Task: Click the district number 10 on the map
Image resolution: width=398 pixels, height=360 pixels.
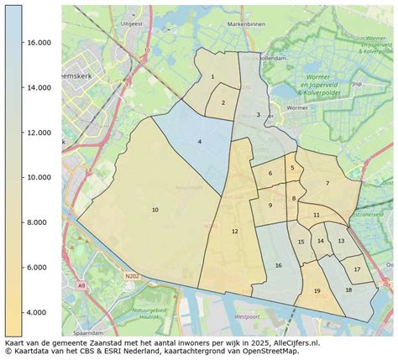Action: pos(155,209)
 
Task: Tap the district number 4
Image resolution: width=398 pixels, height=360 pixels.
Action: pos(199,143)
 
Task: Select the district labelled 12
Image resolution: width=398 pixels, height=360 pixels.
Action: pos(235,231)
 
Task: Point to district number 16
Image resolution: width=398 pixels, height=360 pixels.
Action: pos(278,265)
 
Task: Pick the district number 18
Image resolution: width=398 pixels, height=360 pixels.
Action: pos(348,290)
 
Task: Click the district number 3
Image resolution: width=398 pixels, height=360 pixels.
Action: pos(258,114)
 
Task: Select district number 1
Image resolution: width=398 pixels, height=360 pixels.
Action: pos(212,77)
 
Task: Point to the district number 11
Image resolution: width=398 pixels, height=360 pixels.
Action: pos(316,215)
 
